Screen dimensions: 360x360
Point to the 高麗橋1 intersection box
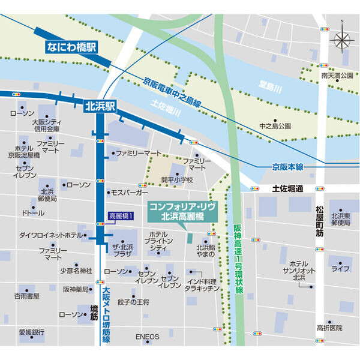tap(121, 215)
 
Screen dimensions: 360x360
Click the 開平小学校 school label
tap(177, 179)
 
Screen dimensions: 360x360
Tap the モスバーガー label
tap(129, 193)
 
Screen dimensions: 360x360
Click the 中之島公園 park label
tap(275, 127)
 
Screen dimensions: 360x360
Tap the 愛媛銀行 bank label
tap(31, 332)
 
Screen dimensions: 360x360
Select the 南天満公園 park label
tap(335, 76)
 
